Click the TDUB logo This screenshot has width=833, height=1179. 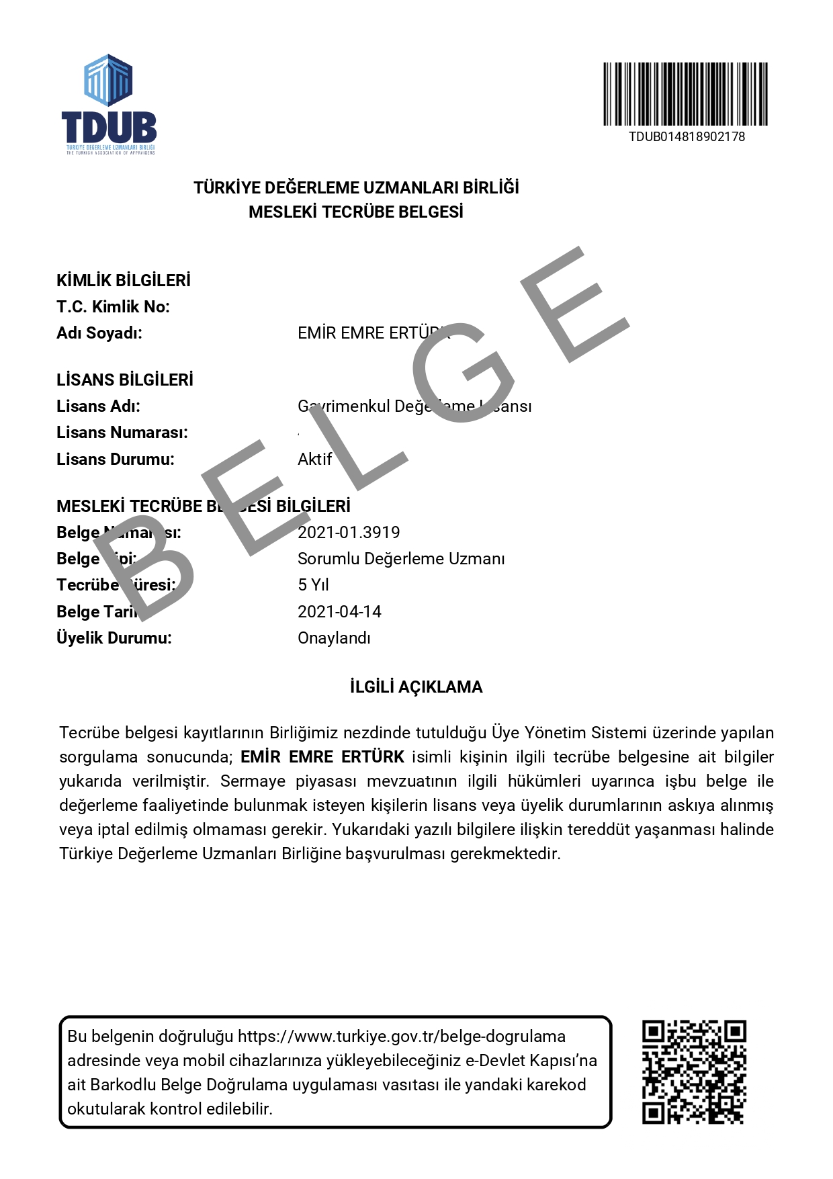[x=109, y=105]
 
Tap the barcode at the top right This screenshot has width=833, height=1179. [x=685, y=94]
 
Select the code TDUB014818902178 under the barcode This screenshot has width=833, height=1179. [x=687, y=136]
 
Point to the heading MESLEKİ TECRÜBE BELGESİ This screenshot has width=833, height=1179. [x=356, y=212]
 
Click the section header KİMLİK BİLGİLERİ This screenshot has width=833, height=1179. [x=124, y=280]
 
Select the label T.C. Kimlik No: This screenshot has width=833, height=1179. [x=113, y=307]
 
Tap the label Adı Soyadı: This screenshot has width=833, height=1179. [x=99, y=333]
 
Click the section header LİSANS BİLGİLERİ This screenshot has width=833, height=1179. [x=125, y=380]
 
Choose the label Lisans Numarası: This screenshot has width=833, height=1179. [x=122, y=433]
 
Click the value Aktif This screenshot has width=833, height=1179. [x=314, y=460]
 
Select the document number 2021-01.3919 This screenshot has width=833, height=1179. [x=349, y=533]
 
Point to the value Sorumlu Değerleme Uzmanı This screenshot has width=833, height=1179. [x=401, y=559]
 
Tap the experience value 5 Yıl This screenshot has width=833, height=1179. [x=313, y=585]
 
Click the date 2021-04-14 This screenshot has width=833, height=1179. [x=339, y=612]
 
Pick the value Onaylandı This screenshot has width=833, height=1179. [x=334, y=638]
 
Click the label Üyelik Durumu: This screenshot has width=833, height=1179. [x=114, y=638]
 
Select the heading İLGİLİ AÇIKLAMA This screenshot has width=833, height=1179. [x=416, y=687]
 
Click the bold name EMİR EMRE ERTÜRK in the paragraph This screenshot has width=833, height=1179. [x=322, y=757]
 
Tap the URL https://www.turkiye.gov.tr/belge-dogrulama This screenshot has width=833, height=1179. [x=402, y=1037]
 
